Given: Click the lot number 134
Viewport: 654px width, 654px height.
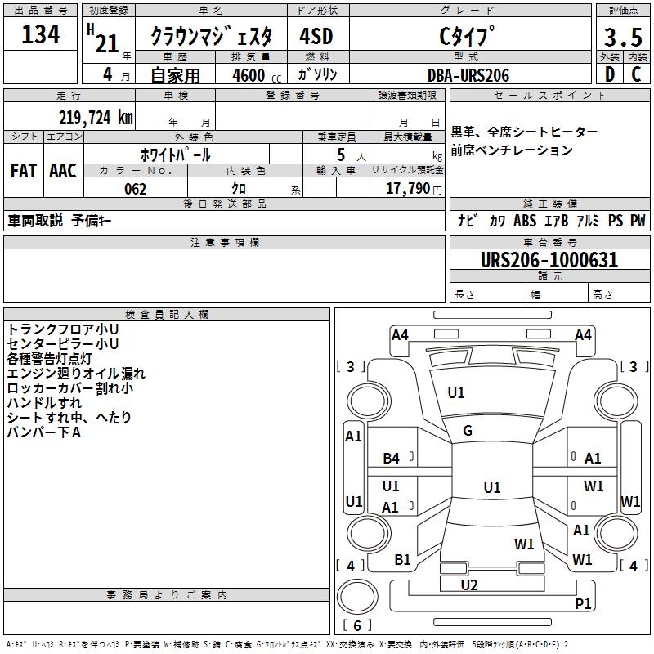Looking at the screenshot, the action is click(x=40, y=34).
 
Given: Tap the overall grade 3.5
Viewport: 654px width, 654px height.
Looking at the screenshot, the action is click(x=623, y=37).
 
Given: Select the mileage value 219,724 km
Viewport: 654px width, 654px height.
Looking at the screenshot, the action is click(x=96, y=118).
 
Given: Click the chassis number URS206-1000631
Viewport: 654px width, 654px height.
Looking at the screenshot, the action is click(x=549, y=260).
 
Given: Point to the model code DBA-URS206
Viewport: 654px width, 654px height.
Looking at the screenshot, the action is click(x=468, y=75).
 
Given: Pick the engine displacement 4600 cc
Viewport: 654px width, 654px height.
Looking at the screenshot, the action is click(x=257, y=75).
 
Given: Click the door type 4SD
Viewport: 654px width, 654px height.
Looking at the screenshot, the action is click(x=316, y=36).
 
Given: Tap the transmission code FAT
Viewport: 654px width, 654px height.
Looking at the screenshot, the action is click(x=24, y=171).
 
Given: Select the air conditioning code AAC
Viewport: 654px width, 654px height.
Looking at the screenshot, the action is click(x=63, y=171).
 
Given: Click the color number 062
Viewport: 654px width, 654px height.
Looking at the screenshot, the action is click(x=136, y=189).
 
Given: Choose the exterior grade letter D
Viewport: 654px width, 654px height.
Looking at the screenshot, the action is click(x=610, y=74).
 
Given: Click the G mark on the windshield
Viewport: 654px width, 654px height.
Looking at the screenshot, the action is click(x=468, y=431).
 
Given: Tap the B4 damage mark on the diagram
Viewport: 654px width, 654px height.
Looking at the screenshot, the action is click(x=392, y=459).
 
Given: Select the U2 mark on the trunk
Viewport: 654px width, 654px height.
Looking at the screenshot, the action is click(x=469, y=585).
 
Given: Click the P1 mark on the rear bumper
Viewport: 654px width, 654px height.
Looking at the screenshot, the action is click(x=583, y=603).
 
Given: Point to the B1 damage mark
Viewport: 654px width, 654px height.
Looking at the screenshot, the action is click(x=402, y=560).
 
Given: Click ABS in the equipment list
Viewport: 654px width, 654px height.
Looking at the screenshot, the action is click(x=525, y=221).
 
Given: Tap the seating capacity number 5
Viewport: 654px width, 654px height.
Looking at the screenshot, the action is click(x=341, y=155).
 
